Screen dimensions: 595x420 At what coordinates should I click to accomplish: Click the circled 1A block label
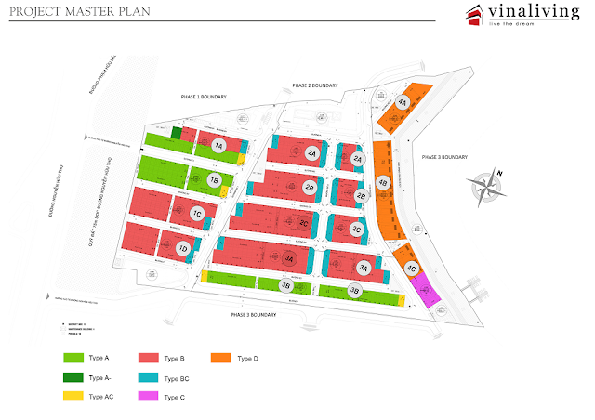pyautogui.click(x=218, y=146)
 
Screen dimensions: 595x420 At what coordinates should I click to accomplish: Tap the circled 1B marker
pyautogui.click(x=214, y=180)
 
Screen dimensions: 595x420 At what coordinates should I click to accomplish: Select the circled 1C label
pyautogui.click(x=197, y=214)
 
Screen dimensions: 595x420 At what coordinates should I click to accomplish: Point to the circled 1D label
pyautogui.click(x=183, y=248)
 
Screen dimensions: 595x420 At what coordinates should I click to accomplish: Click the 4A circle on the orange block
pyautogui.click(x=402, y=103)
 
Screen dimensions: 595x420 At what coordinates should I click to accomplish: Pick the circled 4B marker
pyautogui.click(x=382, y=182)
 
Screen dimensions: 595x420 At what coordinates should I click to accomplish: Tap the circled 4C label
pyautogui.click(x=411, y=269)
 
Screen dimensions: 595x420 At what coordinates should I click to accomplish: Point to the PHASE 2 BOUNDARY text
pyautogui.click(x=313, y=85)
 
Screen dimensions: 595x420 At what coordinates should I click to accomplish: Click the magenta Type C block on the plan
pyautogui.click(x=425, y=288)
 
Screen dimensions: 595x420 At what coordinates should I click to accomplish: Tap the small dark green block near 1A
pyautogui.click(x=177, y=133)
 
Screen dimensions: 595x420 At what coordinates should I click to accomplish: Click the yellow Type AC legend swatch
pyautogui.click(x=73, y=397)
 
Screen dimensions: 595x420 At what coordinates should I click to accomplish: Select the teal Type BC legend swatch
pyautogui.click(x=147, y=378)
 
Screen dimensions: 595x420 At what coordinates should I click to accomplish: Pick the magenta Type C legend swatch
pyautogui.click(x=147, y=397)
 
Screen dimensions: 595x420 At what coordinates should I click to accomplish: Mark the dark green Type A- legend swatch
pyautogui.click(x=73, y=378)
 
